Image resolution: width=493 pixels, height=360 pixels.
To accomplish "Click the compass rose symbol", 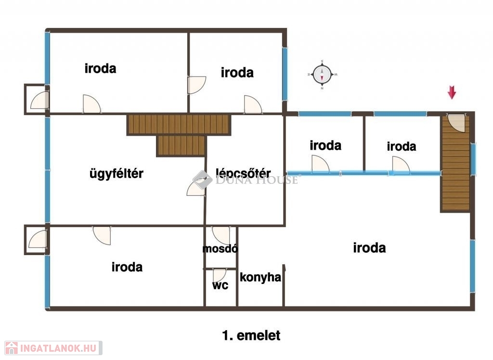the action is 322,75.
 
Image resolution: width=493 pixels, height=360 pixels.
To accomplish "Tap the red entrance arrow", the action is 452,92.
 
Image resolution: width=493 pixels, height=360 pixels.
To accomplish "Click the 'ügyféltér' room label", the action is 117,174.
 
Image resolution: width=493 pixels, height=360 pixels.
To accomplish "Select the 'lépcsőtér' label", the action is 243,173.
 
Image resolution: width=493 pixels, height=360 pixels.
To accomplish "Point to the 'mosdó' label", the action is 220,249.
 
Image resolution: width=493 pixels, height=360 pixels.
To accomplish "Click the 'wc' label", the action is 220,285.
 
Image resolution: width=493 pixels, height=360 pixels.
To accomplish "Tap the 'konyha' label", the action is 260,277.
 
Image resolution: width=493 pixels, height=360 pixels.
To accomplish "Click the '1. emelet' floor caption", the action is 251,335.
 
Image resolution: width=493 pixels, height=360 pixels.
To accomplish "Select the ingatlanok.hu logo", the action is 53,348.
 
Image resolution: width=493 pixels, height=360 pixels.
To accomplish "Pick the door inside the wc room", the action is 220,275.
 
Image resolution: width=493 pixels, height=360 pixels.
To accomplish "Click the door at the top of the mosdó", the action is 221,235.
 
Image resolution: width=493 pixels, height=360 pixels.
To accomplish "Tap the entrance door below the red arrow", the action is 456,123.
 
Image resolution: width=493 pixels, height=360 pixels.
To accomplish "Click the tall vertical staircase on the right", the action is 455,163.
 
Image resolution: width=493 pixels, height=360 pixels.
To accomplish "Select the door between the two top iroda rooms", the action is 196,85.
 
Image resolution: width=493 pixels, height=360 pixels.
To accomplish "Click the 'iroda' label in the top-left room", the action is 100,68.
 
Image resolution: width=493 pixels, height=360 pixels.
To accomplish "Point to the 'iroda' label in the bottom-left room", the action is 127,267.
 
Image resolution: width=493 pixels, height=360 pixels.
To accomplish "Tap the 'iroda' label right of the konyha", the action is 369,248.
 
